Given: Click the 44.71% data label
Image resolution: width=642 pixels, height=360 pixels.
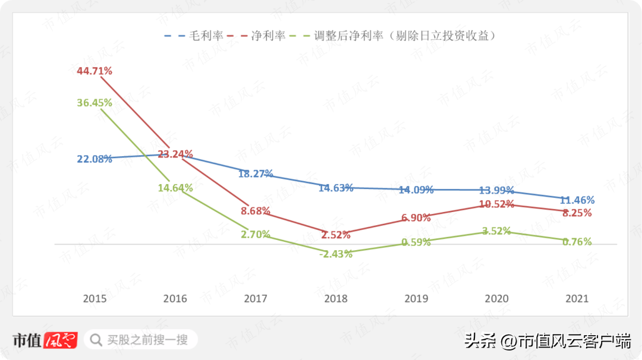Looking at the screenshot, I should click(x=95, y=71).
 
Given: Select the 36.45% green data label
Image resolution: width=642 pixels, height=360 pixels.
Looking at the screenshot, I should click(x=95, y=103).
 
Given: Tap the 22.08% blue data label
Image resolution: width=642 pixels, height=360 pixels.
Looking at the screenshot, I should click(x=95, y=159).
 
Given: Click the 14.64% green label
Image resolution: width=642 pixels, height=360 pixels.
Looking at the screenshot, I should click(x=175, y=188).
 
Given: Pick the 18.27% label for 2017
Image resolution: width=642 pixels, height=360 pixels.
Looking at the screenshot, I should click(x=256, y=174).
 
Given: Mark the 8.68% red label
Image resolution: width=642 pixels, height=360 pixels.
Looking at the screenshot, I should click(x=256, y=210).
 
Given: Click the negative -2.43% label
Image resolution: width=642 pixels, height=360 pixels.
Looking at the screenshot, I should click(x=335, y=254).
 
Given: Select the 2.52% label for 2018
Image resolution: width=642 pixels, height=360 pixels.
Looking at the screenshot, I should click(x=335, y=235).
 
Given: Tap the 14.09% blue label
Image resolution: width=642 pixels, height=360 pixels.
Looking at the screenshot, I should click(x=416, y=190).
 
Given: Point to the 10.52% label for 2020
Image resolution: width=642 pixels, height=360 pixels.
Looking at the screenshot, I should click(x=496, y=204).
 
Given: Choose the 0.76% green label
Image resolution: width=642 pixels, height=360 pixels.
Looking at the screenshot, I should click(x=577, y=242).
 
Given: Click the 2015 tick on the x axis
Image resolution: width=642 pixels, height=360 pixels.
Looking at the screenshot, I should click(x=95, y=299).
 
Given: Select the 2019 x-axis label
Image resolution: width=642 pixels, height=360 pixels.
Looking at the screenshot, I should click(x=416, y=299).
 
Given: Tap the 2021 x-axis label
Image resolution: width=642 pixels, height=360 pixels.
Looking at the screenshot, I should click(x=577, y=299).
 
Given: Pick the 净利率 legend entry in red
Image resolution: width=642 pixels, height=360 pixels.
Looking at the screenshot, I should click(x=268, y=36).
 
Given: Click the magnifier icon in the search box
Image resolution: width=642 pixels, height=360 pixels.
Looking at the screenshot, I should click(x=95, y=340).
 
